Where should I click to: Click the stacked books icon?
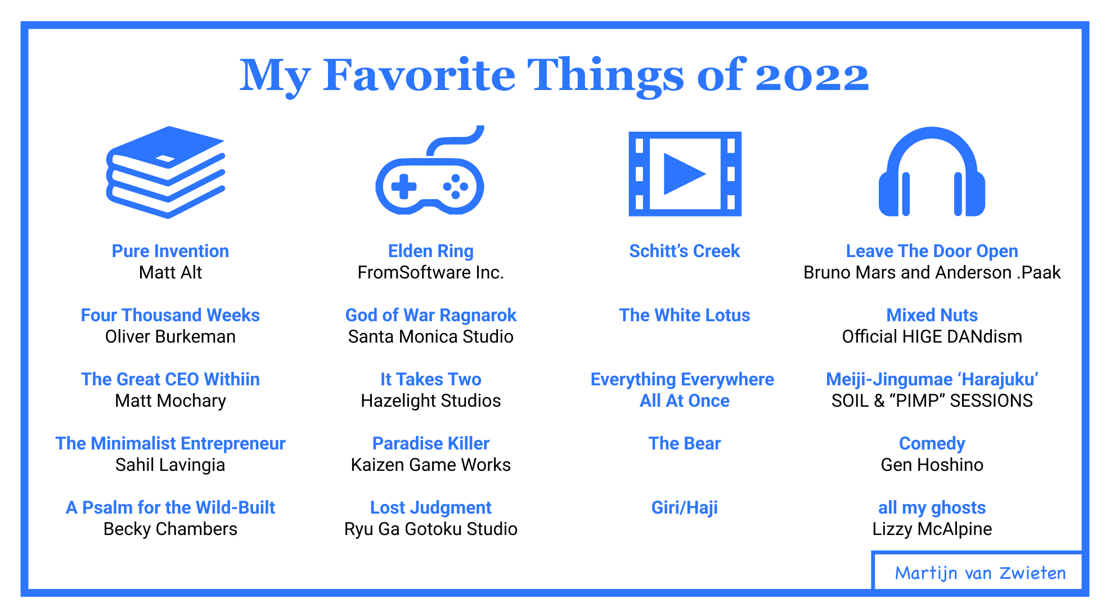(x=166, y=172)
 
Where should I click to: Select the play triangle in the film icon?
(x=684, y=174)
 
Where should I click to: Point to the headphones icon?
(x=932, y=172)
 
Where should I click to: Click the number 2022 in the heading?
(x=812, y=77)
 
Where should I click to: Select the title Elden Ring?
(x=431, y=251)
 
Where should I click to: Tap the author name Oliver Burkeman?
(x=170, y=336)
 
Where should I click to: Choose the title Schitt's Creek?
(x=684, y=251)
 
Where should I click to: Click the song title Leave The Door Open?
(x=932, y=251)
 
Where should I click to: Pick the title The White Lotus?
(x=685, y=315)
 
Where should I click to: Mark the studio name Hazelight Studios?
(x=431, y=401)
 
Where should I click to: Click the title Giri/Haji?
(x=685, y=507)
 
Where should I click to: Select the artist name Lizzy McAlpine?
(x=932, y=529)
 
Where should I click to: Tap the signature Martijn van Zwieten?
(x=980, y=573)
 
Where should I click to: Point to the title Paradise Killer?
(x=431, y=443)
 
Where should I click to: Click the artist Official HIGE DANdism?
(x=932, y=336)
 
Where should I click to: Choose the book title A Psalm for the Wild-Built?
(x=170, y=507)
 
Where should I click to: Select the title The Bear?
(x=685, y=443)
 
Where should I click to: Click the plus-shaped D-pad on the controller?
(x=404, y=187)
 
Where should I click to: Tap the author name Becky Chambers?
(x=170, y=529)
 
